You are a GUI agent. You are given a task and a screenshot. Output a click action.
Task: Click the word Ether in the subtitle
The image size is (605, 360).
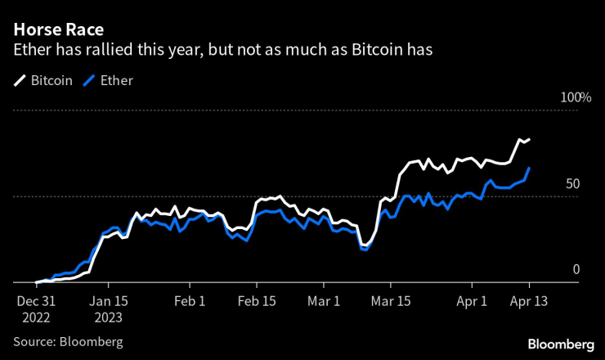(x=31, y=50)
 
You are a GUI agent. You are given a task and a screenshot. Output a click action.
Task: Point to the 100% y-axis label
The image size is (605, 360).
(x=575, y=98)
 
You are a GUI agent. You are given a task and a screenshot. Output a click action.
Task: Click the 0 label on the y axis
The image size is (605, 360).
(x=576, y=270)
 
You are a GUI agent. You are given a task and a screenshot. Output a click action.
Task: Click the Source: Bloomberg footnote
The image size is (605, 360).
(x=68, y=340)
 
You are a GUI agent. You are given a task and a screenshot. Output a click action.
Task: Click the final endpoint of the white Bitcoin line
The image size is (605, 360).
(x=529, y=140)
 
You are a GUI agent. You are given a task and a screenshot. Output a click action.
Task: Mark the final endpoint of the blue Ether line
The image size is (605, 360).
(x=529, y=168)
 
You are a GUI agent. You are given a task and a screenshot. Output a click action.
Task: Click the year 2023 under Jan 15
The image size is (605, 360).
(x=108, y=316)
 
